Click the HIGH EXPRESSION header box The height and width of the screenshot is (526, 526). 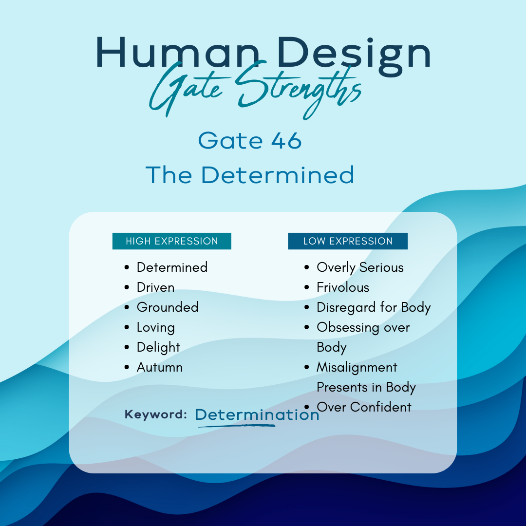point(172,241)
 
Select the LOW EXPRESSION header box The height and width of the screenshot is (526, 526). point(348,241)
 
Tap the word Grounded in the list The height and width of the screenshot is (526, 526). point(168,307)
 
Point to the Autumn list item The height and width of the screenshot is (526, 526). point(160,367)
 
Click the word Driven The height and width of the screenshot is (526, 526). point(156,287)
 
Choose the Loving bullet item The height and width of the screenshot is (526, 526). point(156,328)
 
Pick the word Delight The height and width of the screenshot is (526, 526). point(158,348)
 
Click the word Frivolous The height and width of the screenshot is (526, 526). point(343,287)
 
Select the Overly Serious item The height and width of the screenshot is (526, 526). point(360,268)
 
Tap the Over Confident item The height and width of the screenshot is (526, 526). point(364,407)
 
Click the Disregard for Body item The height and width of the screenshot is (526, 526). point(374,308)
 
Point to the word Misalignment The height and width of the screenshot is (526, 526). point(357,367)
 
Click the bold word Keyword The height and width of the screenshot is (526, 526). point(156,414)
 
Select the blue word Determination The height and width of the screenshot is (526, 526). point(257,414)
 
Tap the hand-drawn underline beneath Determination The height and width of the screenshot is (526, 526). point(237,426)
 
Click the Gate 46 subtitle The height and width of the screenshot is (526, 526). point(250,140)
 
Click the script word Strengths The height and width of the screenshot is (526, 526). point(299,90)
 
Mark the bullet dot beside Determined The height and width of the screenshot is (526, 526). point(127,267)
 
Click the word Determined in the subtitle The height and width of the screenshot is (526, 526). point(278,175)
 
